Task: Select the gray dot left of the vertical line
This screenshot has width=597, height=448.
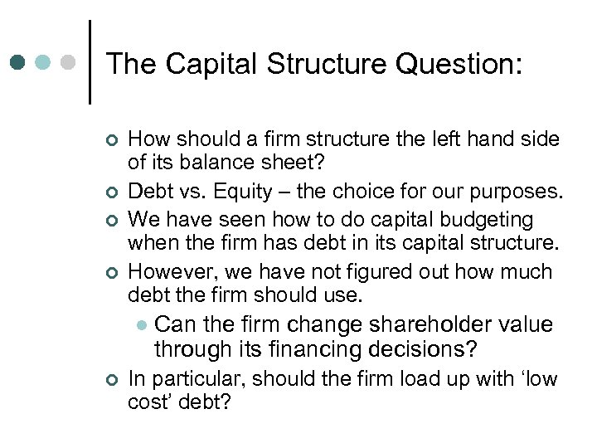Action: click(x=70, y=62)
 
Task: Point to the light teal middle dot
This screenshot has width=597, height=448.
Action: click(x=44, y=62)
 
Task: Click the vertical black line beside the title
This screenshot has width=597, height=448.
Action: click(x=89, y=62)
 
